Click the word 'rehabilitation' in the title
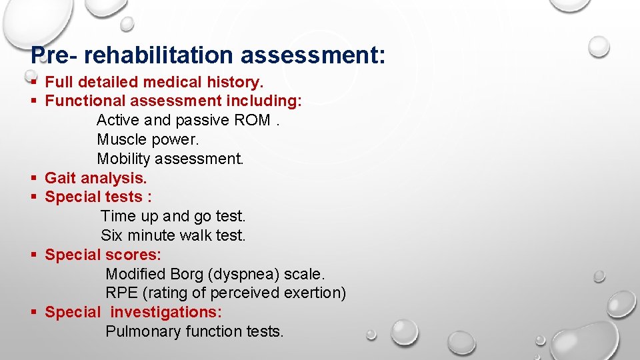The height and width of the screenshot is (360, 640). (160, 55)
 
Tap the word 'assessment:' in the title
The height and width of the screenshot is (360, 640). (313, 55)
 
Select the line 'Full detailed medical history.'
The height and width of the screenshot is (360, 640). (154, 82)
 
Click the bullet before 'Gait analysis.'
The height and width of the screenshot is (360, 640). (33, 179)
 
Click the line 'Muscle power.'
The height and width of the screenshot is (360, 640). (147, 140)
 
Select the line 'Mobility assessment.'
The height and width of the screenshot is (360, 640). (170, 159)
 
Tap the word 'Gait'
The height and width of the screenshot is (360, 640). (60, 178)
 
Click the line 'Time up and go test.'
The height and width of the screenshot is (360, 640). (173, 217)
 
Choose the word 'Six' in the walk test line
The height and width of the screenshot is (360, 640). (111, 236)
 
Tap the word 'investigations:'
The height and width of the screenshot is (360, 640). (166, 312)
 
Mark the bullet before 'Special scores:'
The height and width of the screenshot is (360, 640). (33, 255)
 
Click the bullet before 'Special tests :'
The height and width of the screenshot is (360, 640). (33, 197)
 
